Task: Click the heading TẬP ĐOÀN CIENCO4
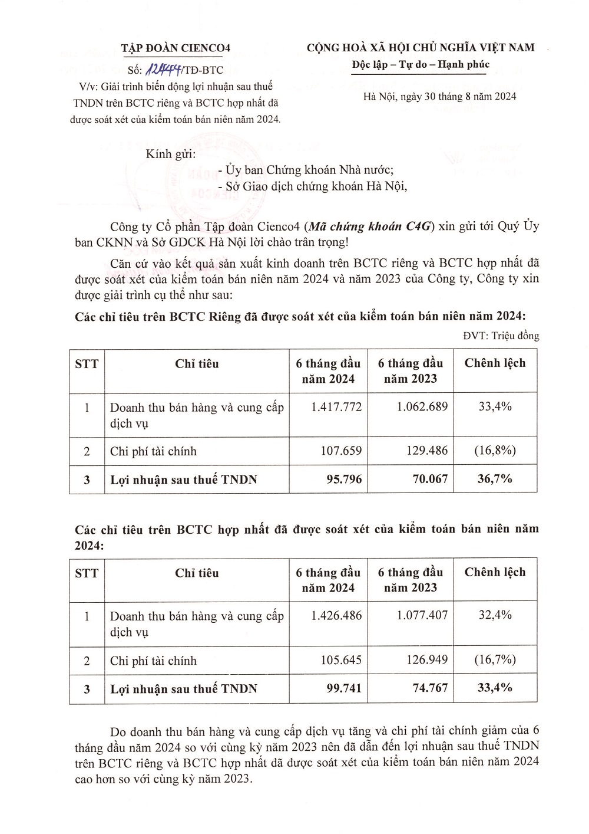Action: [x=176, y=48]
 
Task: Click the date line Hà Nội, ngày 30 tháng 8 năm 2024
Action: [x=439, y=97]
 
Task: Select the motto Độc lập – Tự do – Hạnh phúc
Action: [x=421, y=65]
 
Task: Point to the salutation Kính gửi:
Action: [x=171, y=154]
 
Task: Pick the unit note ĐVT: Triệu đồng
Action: [x=501, y=336]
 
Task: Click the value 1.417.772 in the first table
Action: [x=336, y=407]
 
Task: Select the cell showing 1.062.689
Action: [x=422, y=407]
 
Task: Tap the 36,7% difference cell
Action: [x=495, y=479]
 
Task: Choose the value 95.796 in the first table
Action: [x=344, y=480]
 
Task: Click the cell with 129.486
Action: [x=426, y=451]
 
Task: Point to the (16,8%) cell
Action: [x=495, y=451]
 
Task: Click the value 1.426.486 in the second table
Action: [x=336, y=616]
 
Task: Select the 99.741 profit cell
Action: [x=344, y=688]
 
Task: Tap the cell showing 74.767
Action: [x=430, y=688]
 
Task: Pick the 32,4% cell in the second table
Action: [x=495, y=615]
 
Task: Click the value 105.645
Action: [x=341, y=660]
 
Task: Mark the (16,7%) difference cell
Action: [x=495, y=659]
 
